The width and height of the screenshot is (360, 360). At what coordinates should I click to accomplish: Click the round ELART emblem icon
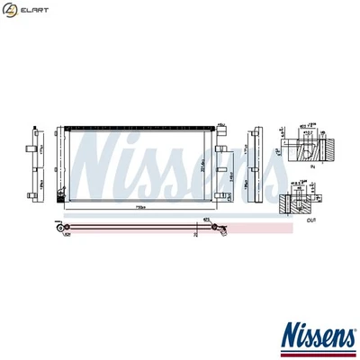point(10,10)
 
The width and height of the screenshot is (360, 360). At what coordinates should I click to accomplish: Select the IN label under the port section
point(312,166)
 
